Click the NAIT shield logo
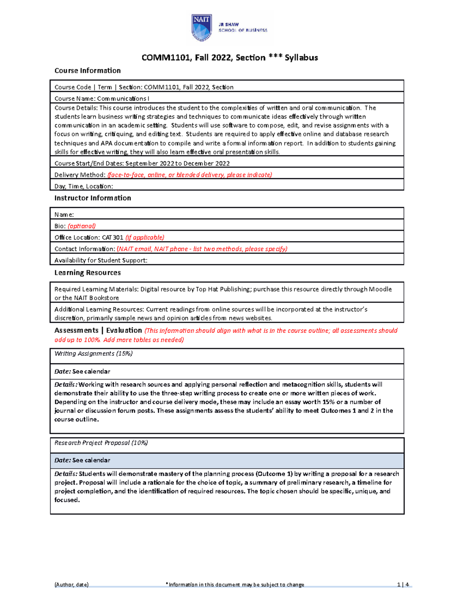[201, 27]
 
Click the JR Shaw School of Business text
[243, 27]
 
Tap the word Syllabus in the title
[301, 58]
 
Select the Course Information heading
[88, 71]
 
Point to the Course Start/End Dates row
[142, 163]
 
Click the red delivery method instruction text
[190, 175]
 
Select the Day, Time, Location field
[84, 186]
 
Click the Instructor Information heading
[93, 198]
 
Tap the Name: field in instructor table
[64, 214]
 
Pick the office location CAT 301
[112, 238]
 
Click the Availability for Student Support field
[101, 260]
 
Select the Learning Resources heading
[88, 273]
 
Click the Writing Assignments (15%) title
[93, 354]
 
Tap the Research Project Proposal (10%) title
[101, 443]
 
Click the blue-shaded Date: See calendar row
[227, 461]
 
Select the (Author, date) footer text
[71, 585]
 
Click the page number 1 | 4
[403, 585]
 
